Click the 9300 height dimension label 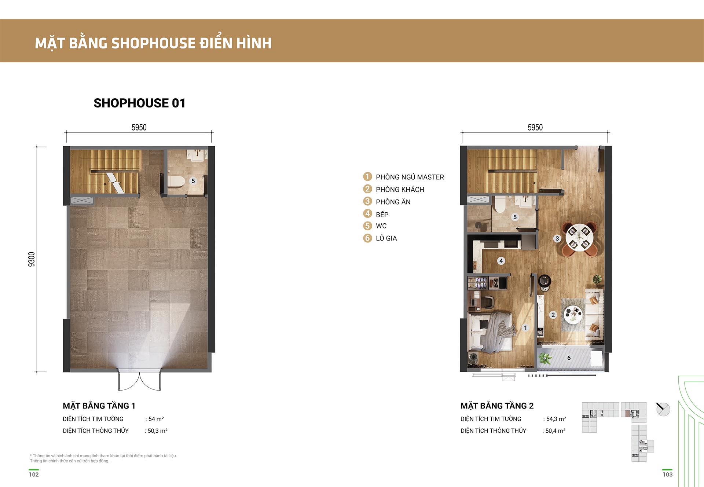click(32, 259)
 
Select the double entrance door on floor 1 click(139, 380)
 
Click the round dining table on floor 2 click(579, 237)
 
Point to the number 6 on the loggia click(569, 358)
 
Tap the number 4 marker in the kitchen click(501, 261)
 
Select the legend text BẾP click(382, 214)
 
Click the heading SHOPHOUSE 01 click(139, 103)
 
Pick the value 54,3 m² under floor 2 click(556, 419)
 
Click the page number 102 click(34, 475)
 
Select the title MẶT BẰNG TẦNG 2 click(497, 406)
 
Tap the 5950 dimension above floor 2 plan click(535, 128)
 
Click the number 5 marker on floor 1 click(193, 181)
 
